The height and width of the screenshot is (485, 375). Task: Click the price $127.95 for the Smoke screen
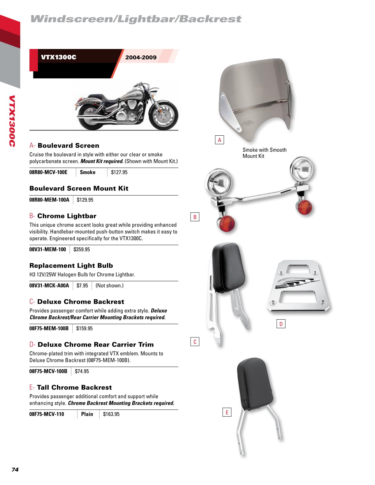[119, 172]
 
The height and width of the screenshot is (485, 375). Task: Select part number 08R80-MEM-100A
[49, 200]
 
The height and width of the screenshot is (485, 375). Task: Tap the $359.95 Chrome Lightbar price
[81, 250]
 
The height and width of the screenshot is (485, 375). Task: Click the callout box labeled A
[219, 140]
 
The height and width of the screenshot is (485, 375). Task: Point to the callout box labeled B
[195, 217]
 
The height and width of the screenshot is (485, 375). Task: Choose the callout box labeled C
[195, 342]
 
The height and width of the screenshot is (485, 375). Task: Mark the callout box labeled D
[281, 324]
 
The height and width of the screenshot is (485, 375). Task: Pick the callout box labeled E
[227, 412]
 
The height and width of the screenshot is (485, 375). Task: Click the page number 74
[15, 470]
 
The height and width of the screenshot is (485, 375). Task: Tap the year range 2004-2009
[141, 57]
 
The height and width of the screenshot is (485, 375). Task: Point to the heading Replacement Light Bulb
[71, 265]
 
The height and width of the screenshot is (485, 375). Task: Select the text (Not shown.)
[109, 286]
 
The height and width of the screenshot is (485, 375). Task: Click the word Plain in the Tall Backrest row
[87, 414]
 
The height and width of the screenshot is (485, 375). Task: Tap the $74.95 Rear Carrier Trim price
[82, 371]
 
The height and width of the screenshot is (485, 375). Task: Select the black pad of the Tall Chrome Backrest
[255, 384]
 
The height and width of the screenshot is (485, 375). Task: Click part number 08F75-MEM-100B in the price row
[49, 329]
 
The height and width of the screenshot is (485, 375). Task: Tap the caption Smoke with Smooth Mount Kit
[264, 153]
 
